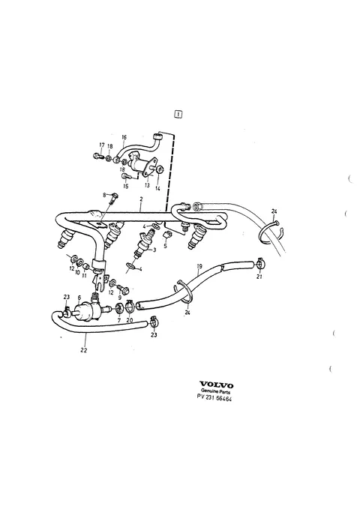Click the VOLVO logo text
coord(216,385)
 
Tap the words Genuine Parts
coord(216,392)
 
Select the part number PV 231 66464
coord(214,397)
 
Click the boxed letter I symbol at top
coord(178,114)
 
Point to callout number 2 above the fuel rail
coord(141,199)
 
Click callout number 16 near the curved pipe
coord(124,137)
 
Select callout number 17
coord(102,145)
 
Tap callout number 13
coord(147,185)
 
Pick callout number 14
coord(157,188)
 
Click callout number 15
coord(125,187)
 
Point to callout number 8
coord(104,195)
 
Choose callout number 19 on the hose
coord(199,266)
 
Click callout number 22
coord(84,350)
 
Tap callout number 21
coord(259,277)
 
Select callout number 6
coord(79,298)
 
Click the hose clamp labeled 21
coord(259,264)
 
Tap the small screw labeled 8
coord(113,198)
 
